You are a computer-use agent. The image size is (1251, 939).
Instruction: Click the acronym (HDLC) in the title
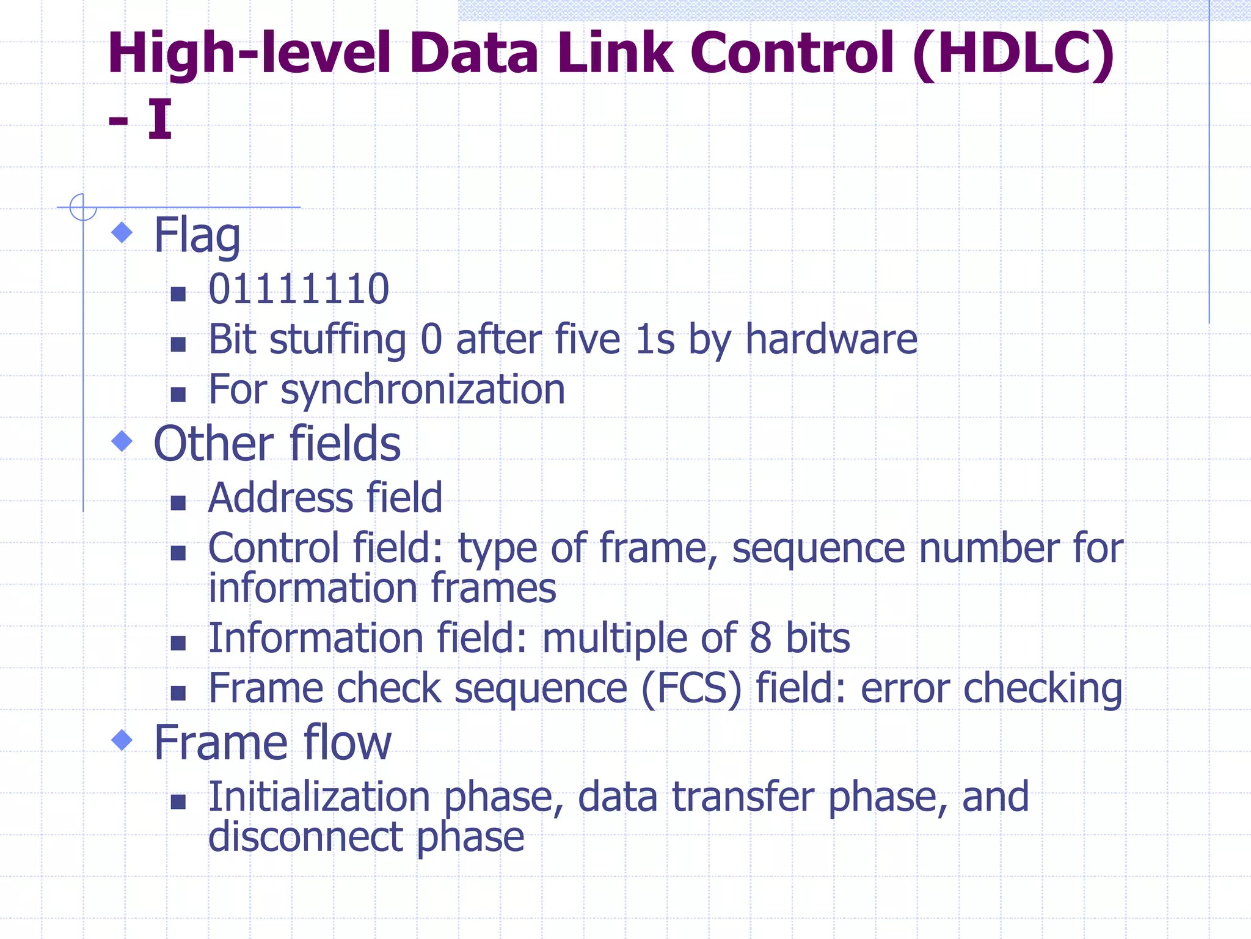coord(1014,54)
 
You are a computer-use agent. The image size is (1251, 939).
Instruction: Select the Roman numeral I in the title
coord(159,119)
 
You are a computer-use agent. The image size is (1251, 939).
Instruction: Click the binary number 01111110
coord(299,289)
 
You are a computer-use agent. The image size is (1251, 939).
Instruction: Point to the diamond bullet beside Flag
coord(123,232)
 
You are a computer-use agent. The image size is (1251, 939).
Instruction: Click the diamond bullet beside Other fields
coord(123,441)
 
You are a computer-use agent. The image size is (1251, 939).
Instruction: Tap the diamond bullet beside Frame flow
coord(123,740)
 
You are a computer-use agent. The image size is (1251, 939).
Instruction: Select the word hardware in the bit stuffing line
coord(831,339)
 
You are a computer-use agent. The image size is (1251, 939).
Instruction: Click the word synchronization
coord(423,389)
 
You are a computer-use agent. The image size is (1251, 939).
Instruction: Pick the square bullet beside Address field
coord(178,503)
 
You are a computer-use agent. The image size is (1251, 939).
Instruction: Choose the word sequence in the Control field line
coord(819,548)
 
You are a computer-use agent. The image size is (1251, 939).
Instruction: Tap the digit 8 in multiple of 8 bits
coord(760,638)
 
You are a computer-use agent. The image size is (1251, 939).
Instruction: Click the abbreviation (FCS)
coord(691,689)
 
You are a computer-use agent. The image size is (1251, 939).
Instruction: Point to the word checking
coord(1043,689)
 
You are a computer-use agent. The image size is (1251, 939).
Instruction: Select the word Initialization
coord(319,797)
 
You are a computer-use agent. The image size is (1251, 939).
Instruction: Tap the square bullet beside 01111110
coord(178,294)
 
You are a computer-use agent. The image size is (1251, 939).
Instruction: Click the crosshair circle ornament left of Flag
coord(83,207)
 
